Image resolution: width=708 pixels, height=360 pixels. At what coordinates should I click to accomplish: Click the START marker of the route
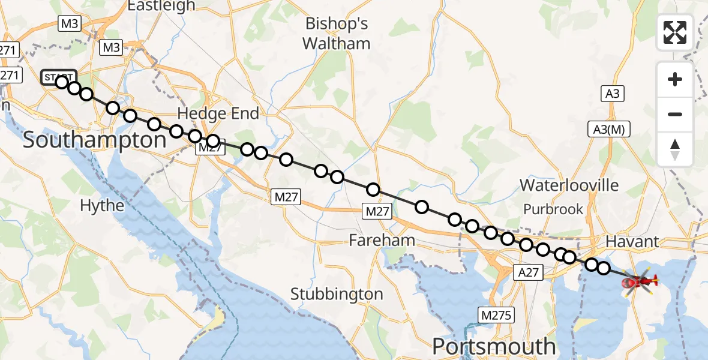point(58,78)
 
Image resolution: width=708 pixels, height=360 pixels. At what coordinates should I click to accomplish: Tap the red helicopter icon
point(640,281)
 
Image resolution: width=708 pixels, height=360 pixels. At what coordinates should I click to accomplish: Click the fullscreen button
point(675,32)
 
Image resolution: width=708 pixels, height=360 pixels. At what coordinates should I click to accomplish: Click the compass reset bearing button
point(675,149)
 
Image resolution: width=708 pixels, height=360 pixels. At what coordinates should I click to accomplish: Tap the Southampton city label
point(94,140)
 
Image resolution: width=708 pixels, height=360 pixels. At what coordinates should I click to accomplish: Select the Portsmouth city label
point(494,346)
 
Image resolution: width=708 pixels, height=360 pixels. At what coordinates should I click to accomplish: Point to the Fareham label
point(382,241)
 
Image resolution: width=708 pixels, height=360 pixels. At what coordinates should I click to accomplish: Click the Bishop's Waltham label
point(336,34)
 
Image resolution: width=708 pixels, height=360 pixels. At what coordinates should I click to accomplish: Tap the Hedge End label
point(219,113)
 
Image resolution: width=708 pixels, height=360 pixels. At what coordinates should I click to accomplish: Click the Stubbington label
point(337,294)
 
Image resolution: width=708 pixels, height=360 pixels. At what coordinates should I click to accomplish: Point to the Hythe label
point(103,206)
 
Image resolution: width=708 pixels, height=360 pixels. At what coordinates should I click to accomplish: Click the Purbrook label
point(553,209)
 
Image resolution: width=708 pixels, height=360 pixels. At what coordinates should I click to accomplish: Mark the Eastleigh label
point(161,6)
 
